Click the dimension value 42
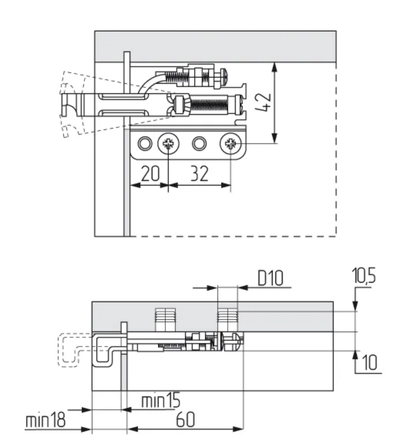pyautogui.click(x=261, y=103)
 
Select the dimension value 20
pyautogui.click(x=147, y=175)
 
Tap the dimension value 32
pyautogui.click(x=199, y=175)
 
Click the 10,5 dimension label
pyautogui.click(x=364, y=277)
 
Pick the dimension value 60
pyautogui.click(x=185, y=421)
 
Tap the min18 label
pyautogui.click(x=45, y=421)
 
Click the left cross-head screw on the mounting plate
pyautogui.click(x=168, y=143)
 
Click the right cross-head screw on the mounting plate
pyautogui.click(x=230, y=143)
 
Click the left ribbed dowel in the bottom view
pyautogui.click(x=165, y=317)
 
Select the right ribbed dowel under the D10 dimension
pyautogui.click(x=227, y=317)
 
